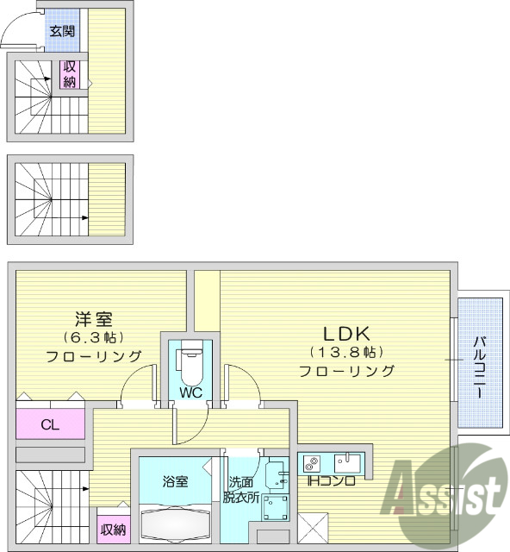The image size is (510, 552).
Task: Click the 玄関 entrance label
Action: click(x=61, y=32)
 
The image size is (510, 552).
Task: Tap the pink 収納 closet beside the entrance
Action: click(x=70, y=74)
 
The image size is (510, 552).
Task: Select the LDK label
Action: click(x=346, y=333)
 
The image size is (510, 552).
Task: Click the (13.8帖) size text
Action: click(x=346, y=352)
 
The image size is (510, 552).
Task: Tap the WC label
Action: click(x=190, y=392)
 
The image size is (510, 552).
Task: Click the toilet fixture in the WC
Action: click(x=191, y=364)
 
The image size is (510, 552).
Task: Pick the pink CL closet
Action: click(x=50, y=423)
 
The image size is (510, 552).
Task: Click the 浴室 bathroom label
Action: click(x=175, y=481)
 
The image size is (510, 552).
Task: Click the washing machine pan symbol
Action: click(x=276, y=509)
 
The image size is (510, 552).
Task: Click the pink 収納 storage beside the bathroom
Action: click(x=112, y=529)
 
